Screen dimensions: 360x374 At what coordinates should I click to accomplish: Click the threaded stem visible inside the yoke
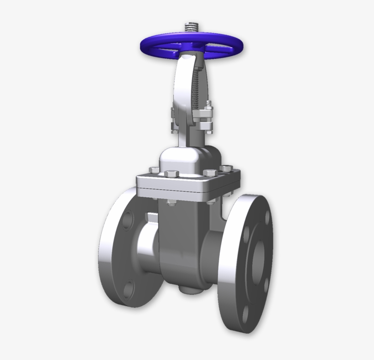click(197, 87)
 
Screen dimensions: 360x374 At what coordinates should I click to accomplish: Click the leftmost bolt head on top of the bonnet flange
click(154, 170)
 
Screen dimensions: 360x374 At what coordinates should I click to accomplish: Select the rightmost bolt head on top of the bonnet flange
click(226, 169)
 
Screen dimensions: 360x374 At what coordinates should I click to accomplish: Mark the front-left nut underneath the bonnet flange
click(171, 202)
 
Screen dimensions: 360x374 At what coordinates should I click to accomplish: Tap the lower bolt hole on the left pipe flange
click(129, 288)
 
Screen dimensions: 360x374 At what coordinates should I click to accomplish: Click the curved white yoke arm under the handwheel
click(185, 91)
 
